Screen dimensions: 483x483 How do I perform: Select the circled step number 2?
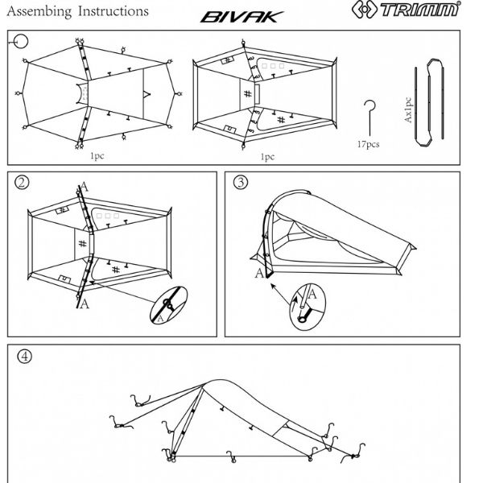pos(23,182)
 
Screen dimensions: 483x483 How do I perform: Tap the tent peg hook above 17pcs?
pos(370,117)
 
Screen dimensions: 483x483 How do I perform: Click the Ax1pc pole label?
pos(408,108)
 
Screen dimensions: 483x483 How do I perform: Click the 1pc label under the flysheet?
pos(98,158)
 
